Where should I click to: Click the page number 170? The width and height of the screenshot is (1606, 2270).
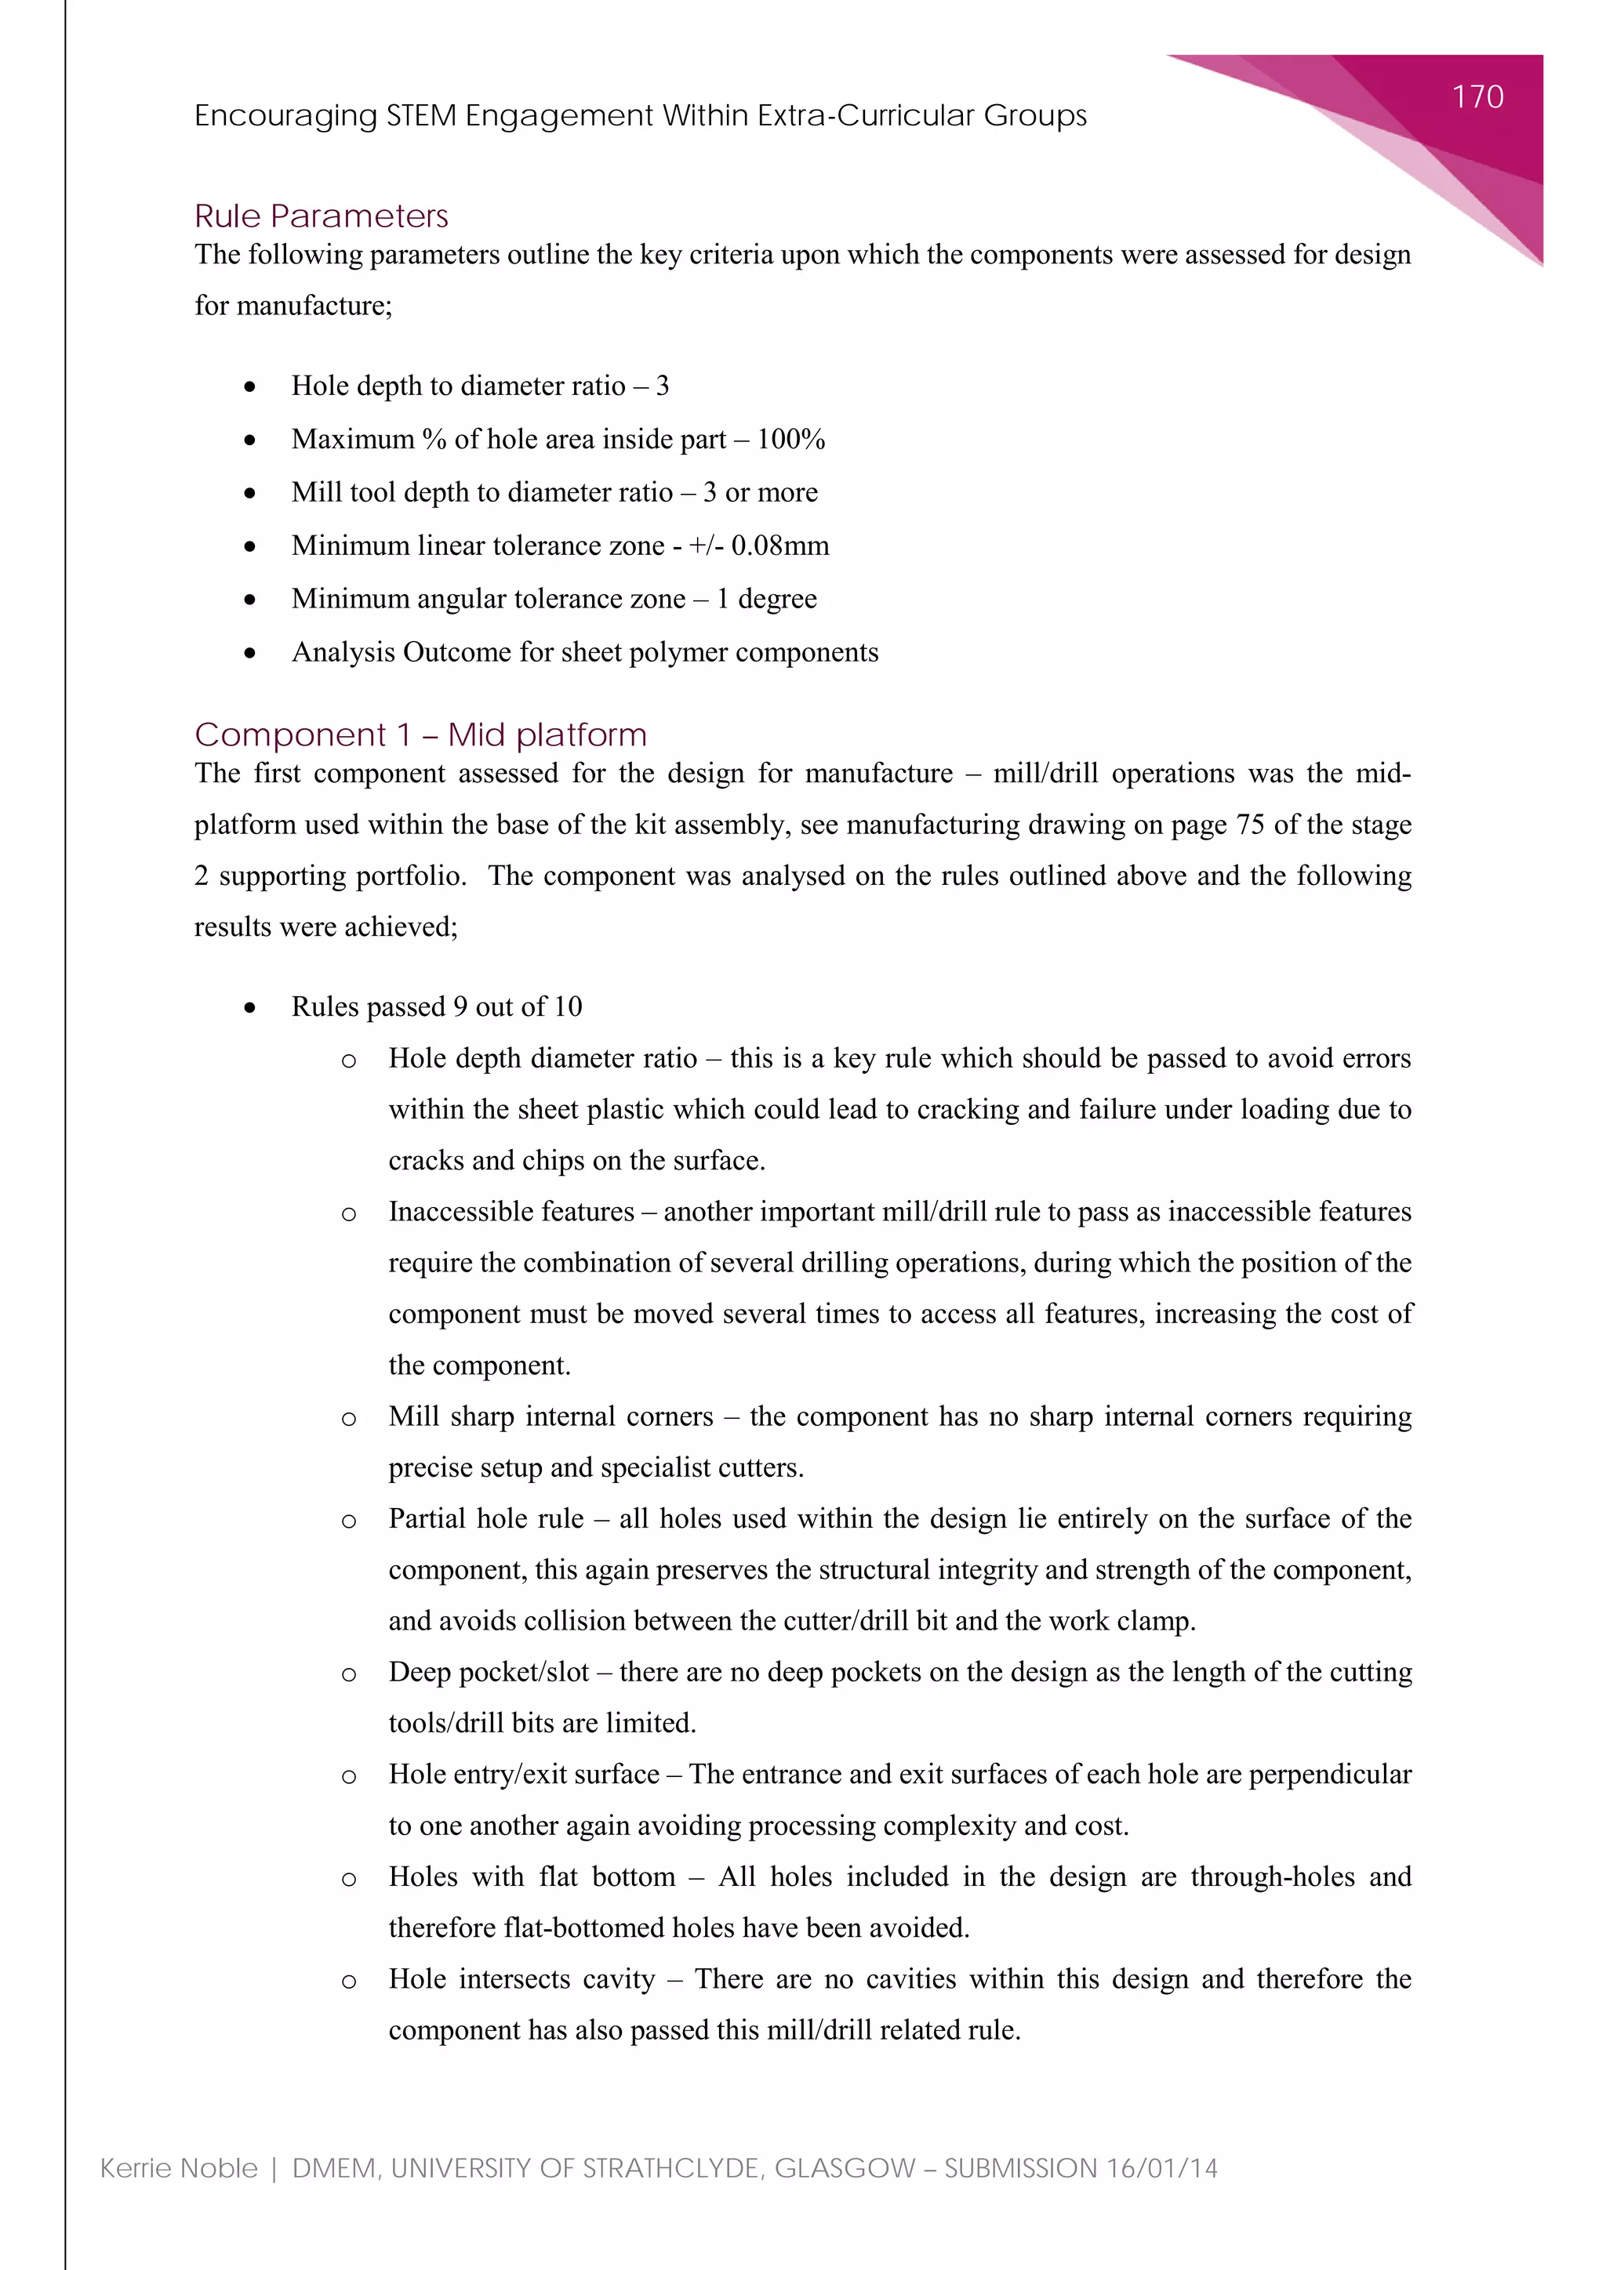pos(1477,97)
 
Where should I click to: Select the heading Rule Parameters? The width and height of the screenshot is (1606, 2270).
pos(322,216)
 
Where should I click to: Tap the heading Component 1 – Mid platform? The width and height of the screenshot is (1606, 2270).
pos(420,734)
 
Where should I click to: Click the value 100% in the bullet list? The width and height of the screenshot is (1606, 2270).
pos(791,439)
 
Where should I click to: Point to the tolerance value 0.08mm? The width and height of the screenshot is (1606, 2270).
pos(780,546)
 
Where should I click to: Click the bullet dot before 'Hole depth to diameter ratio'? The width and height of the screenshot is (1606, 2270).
pos(250,386)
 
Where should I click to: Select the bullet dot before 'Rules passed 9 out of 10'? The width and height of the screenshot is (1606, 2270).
pos(250,1007)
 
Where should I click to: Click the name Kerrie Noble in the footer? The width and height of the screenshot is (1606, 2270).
pos(179,2168)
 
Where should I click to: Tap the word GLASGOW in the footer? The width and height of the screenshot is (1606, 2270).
pos(845,2168)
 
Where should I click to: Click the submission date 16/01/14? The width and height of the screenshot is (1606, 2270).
pos(1162,2168)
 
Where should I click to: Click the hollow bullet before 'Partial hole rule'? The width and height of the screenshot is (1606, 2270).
pos(348,1521)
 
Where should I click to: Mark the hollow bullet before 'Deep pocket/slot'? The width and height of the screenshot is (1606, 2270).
pos(348,1673)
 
